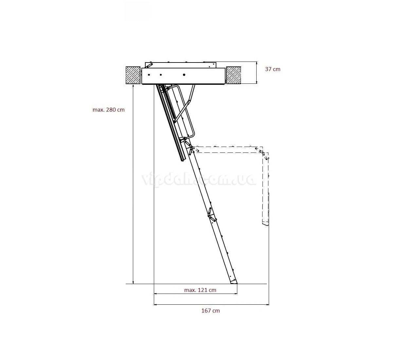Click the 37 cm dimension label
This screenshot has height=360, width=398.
click(x=272, y=69)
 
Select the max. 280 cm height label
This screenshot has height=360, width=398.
click(x=108, y=110)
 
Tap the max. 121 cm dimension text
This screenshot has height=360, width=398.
click(x=200, y=290)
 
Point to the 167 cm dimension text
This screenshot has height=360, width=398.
click(x=210, y=311)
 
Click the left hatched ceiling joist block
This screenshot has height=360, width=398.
click(x=133, y=75)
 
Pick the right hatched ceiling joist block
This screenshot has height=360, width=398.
click(x=233, y=75)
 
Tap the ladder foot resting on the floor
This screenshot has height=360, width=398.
click(x=233, y=281)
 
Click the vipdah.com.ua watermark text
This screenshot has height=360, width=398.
click(x=198, y=179)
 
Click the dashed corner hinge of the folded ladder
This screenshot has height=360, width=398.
click(x=263, y=154)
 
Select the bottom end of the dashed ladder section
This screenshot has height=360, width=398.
click(x=265, y=224)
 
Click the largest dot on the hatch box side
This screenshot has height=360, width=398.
click(x=184, y=75)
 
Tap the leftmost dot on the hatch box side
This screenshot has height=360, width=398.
click(x=149, y=75)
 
